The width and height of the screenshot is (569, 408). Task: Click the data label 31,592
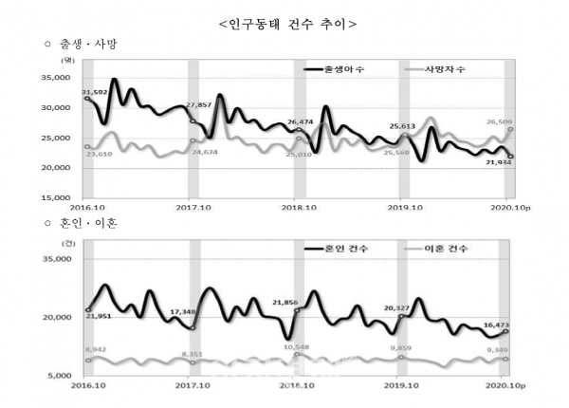coord(93,92)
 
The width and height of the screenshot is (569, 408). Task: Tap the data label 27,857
coord(198,105)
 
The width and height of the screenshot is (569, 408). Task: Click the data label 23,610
coord(97,151)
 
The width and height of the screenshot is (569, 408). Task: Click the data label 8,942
coord(97,350)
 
